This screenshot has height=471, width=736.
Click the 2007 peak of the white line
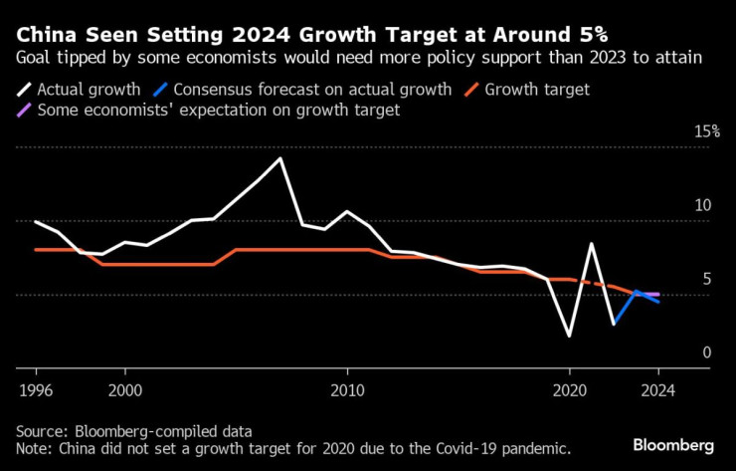click(x=280, y=159)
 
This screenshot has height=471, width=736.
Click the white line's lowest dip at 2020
click(x=569, y=336)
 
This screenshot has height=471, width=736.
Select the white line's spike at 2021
click(x=592, y=244)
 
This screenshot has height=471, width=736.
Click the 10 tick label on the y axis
click(x=702, y=206)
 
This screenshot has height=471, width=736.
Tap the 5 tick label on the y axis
click(x=707, y=280)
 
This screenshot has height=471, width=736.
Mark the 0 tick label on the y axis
click(x=707, y=353)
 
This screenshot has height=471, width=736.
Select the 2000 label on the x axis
click(x=125, y=390)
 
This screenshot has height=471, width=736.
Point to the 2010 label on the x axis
click(x=347, y=390)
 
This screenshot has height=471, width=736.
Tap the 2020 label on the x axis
click(x=569, y=390)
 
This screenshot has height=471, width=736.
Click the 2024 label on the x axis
click(x=657, y=390)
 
